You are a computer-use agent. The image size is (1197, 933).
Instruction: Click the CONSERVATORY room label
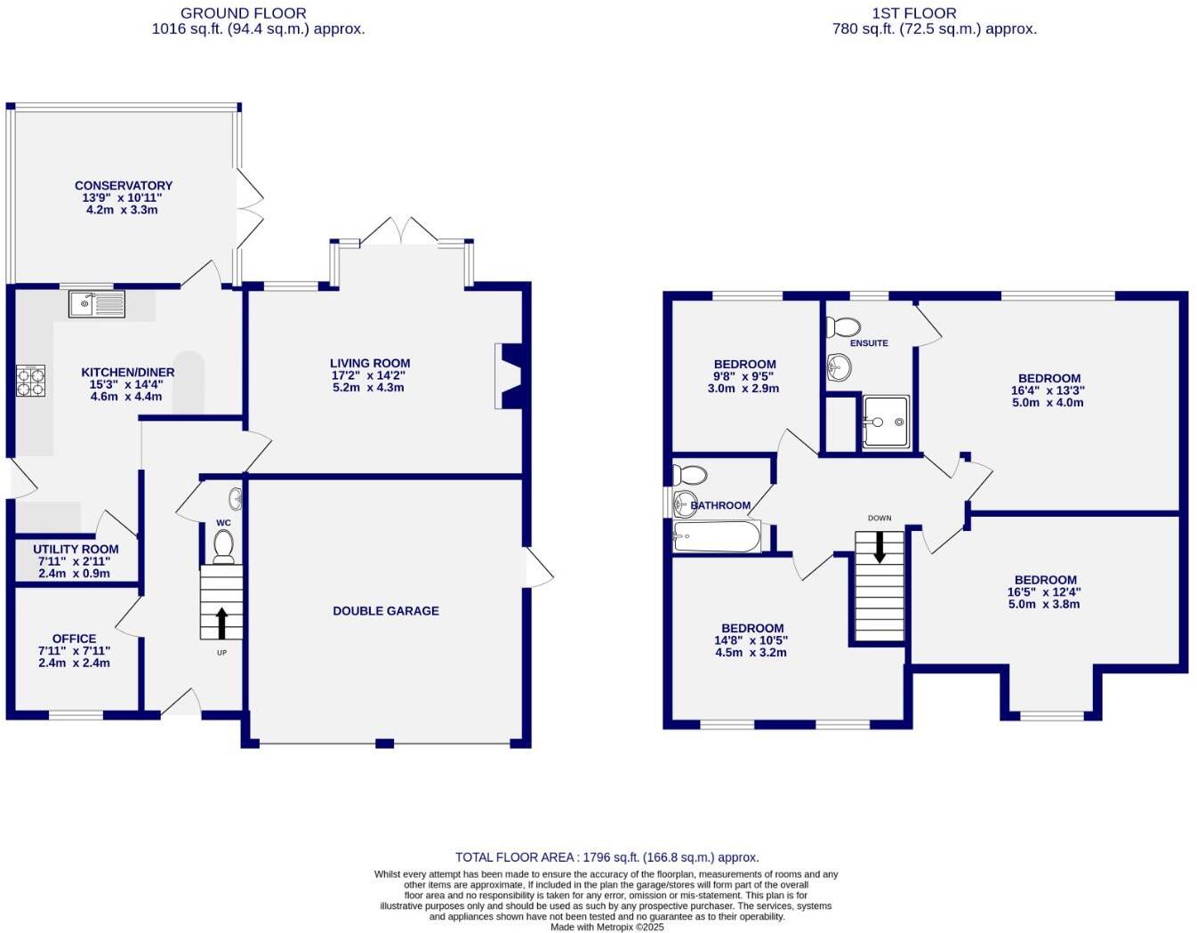coord(124,186)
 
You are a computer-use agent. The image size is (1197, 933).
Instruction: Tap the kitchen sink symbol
coord(97,304)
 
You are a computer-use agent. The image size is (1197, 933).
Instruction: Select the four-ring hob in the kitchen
coord(30,382)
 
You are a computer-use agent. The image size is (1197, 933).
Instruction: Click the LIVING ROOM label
coord(370,363)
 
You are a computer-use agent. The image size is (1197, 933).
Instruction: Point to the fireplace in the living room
coord(510,376)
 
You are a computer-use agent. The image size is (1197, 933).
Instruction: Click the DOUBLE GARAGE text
coord(386,611)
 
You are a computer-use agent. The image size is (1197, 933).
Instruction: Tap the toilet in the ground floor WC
coord(223,545)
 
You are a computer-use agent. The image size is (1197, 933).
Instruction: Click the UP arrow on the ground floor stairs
coord(221,623)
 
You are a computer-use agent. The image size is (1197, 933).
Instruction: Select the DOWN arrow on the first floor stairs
coord(880,547)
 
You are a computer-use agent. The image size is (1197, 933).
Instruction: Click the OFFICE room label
coord(75,639)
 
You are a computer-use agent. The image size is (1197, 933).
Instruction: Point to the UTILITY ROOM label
coord(76,550)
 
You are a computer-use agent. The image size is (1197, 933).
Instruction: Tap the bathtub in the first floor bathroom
coord(717,536)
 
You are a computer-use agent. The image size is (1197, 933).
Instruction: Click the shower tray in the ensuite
coord(886,422)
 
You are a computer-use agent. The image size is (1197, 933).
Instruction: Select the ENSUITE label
coord(869,343)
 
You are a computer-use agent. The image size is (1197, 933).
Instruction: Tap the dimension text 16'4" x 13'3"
coord(1048,390)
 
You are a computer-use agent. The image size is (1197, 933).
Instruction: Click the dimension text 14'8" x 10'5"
coord(751,640)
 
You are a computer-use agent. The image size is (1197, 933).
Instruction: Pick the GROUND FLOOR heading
coord(243,13)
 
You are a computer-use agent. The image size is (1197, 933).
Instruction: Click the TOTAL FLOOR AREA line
coord(607,857)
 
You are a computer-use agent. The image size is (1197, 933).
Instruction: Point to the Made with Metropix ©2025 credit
coord(607,927)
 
